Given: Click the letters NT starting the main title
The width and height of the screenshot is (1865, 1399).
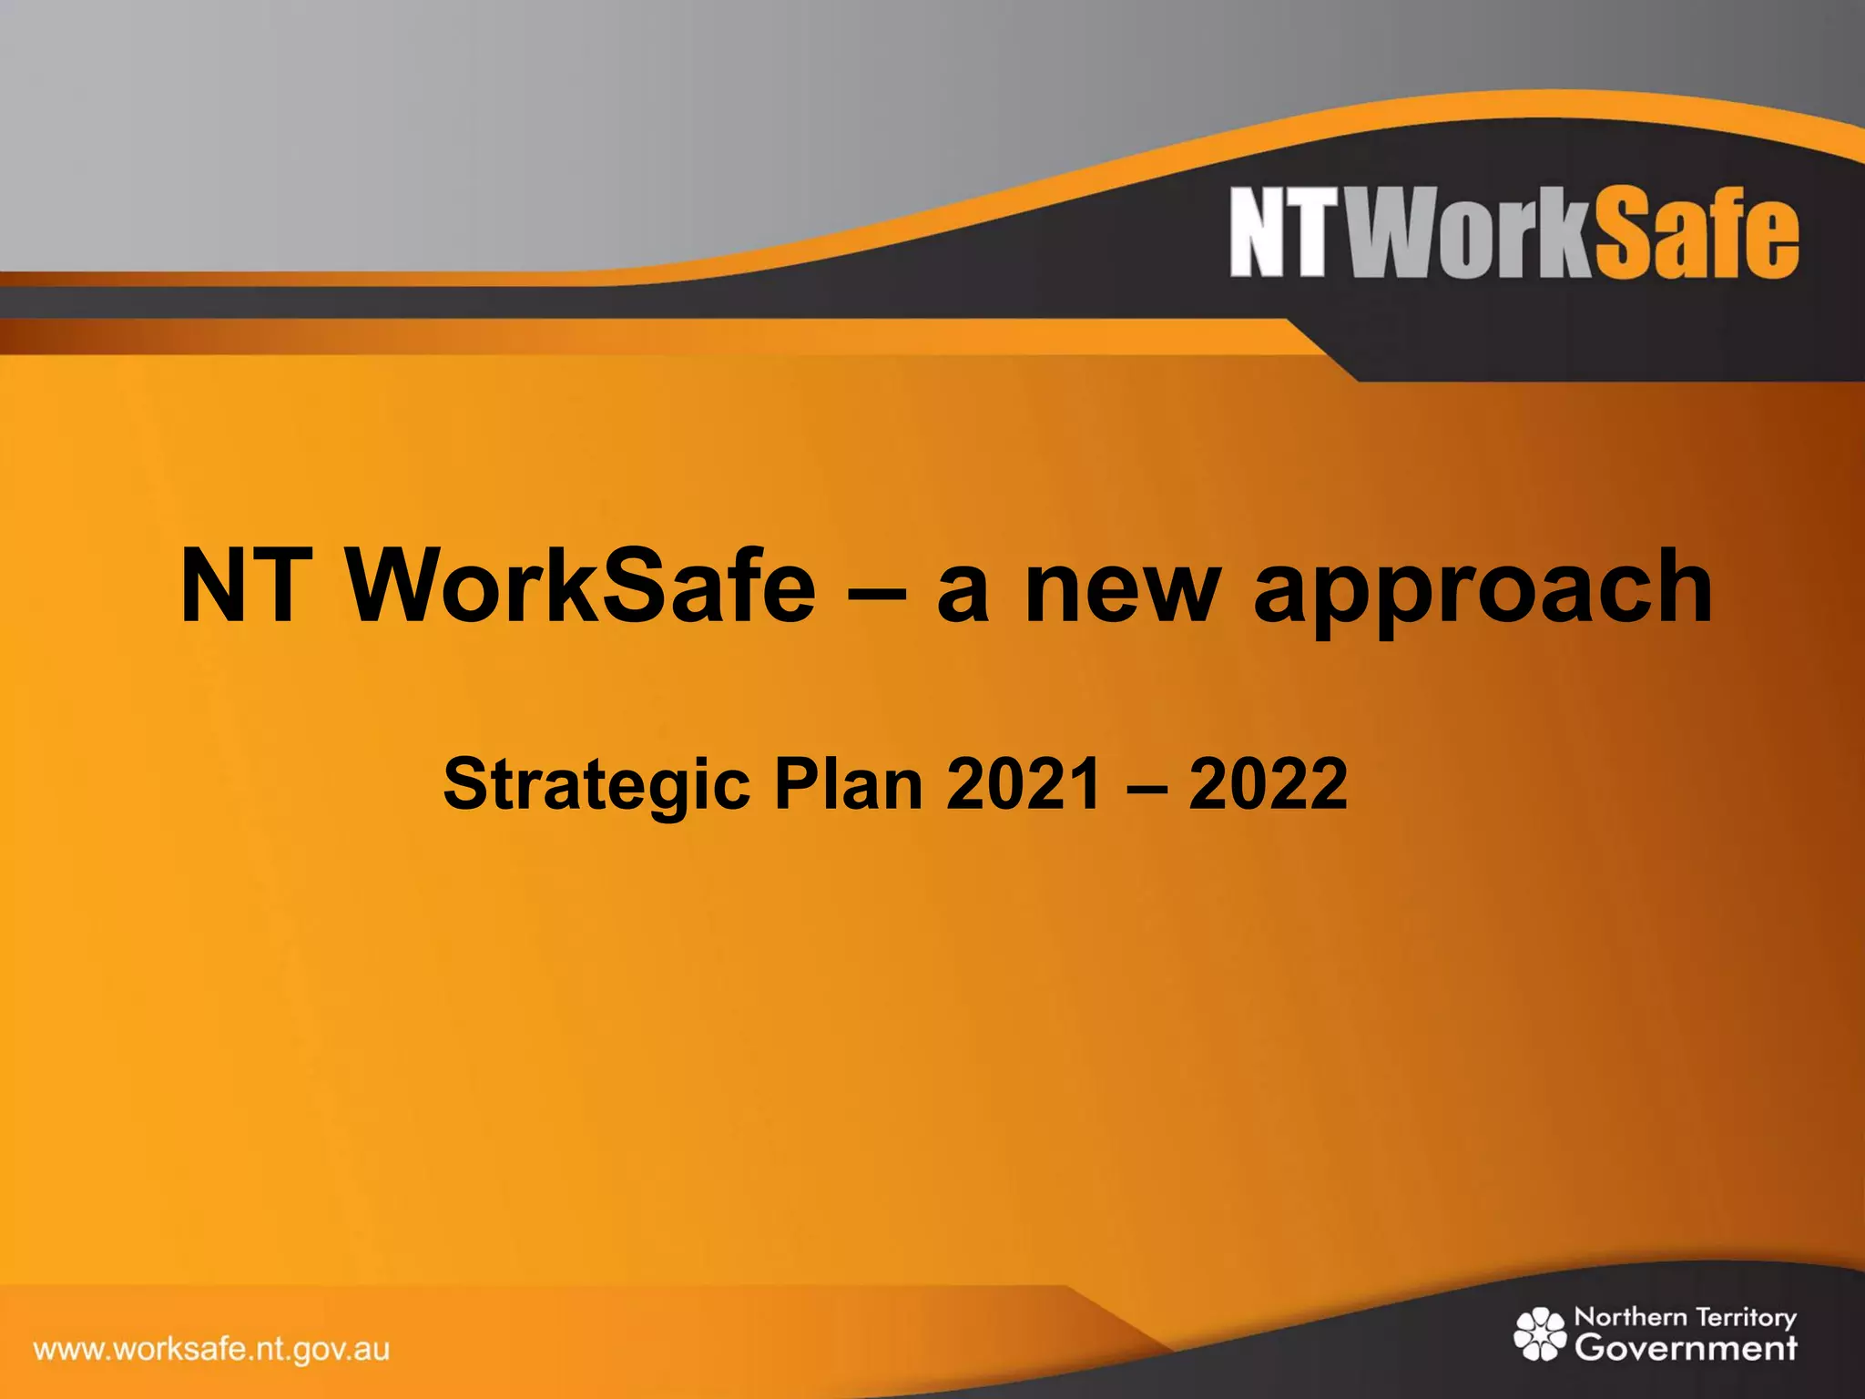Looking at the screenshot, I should pos(240,587).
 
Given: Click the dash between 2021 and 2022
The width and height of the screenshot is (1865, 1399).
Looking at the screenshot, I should pos(1146,785).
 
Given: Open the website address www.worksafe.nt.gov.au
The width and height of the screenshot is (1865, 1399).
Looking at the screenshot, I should pos(211,1349).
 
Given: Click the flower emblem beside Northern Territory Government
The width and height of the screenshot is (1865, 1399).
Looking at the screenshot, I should pos(1540,1333).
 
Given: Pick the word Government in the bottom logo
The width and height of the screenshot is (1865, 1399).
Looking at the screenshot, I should pos(1686,1347).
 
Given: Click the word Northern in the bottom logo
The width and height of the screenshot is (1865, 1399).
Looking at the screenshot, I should pos(1630,1317).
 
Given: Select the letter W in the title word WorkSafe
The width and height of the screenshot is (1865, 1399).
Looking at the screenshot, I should pos(391,587).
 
